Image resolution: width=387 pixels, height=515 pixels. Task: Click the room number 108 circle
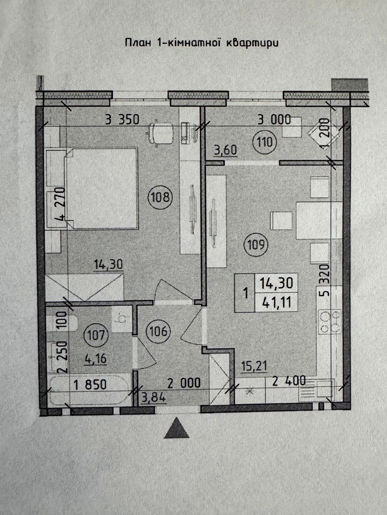click(x=160, y=197)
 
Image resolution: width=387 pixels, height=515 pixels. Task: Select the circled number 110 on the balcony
click(x=265, y=142)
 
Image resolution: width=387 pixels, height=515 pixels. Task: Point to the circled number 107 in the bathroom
click(x=97, y=335)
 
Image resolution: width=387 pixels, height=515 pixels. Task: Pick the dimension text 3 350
click(x=122, y=119)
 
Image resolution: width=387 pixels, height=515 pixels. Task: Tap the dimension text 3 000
click(x=274, y=120)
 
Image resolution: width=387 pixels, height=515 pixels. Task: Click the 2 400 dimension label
click(x=289, y=381)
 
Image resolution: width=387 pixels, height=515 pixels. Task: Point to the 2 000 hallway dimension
click(x=184, y=383)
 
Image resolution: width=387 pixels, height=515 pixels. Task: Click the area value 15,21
click(x=255, y=366)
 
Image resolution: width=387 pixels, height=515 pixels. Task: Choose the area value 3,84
click(x=154, y=398)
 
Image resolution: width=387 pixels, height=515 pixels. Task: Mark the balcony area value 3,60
click(x=225, y=150)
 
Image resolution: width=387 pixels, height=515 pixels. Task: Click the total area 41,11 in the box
click(x=276, y=302)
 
